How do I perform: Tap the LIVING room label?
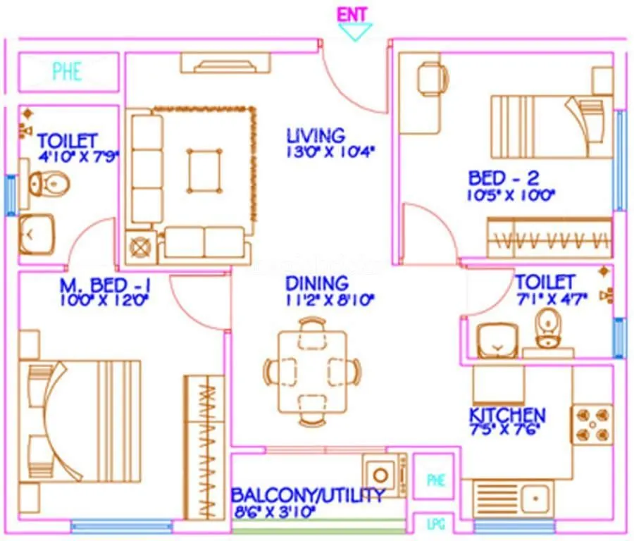(316, 135)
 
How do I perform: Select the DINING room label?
(317, 283)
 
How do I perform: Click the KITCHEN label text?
(507, 414)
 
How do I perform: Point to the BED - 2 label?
(504, 178)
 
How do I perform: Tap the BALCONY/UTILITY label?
(308, 495)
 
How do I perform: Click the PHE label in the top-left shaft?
(67, 71)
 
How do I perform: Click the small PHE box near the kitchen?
(436, 480)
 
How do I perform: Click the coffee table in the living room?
(204, 170)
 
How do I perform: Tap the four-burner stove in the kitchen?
(590, 423)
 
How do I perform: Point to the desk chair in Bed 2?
(431, 77)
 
